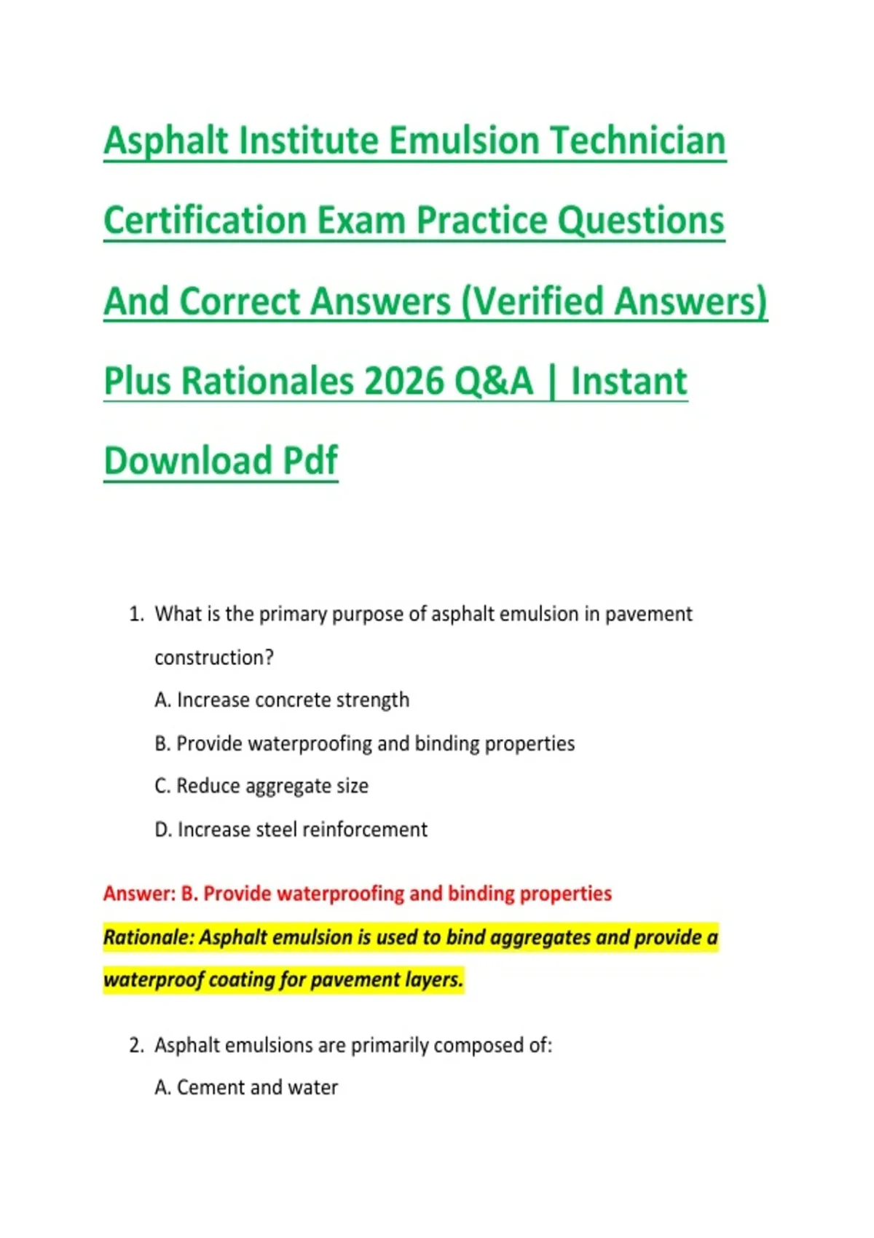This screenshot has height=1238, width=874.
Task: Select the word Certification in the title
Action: tap(205, 220)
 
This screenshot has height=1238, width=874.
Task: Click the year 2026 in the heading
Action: tap(404, 381)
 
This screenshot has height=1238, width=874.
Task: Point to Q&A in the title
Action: tap(495, 381)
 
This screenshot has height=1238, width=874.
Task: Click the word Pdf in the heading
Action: tap(310, 460)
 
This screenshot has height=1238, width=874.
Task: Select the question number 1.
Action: tap(136, 614)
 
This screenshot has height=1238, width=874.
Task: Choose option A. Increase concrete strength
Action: tap(282, 701)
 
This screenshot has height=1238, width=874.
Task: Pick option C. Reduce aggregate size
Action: tap(261, 786)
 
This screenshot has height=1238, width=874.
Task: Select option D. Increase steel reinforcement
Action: tap(291, 829)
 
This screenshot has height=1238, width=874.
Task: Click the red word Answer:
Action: tap(139, 893)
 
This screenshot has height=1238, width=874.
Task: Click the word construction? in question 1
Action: tap(214, 658)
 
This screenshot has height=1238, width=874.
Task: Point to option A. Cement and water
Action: tap(246, 1088)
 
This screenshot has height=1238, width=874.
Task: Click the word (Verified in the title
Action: tap(532, 301)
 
